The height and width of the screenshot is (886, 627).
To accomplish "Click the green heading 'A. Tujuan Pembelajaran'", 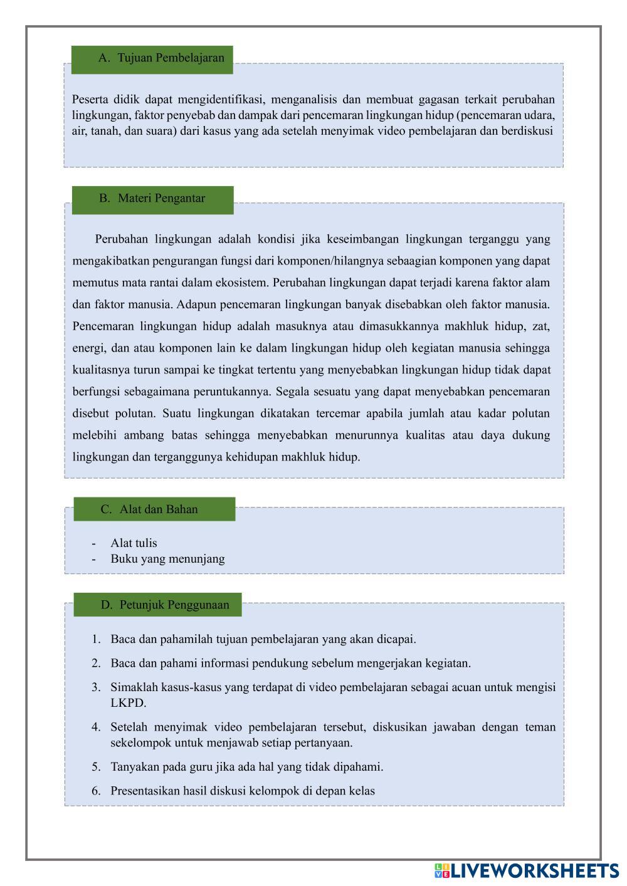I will coord(152,58).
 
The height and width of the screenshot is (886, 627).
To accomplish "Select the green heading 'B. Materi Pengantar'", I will coord(152,199).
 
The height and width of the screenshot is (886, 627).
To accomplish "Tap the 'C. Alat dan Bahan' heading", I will coord(154,509).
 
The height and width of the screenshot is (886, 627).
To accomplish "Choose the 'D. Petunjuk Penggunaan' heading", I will coord(157,605).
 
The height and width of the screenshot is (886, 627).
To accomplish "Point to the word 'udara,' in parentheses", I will coord(539,115).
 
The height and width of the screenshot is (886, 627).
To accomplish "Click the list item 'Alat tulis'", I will coord(134,543).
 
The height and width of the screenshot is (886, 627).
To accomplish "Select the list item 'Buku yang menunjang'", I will coord(167,559).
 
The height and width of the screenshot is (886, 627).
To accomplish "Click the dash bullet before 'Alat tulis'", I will coord(93,543).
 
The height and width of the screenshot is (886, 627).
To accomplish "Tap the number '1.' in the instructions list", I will coord(96,639).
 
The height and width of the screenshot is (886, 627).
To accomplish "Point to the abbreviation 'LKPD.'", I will coord(128,703).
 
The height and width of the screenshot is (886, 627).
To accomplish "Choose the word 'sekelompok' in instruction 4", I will coord(140,743).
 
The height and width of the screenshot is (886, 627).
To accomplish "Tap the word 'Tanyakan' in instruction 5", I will coord(135,767).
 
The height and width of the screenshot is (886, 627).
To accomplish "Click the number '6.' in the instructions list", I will coord(96,791).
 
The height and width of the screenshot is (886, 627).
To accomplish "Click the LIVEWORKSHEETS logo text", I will coord(533,871).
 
